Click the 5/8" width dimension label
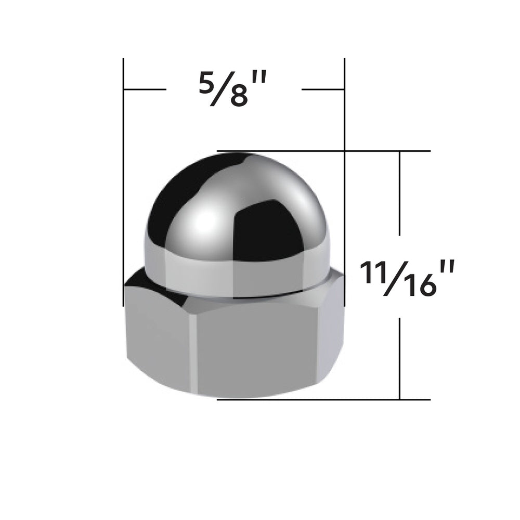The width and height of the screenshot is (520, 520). pyautogui.click(x=232, y=89)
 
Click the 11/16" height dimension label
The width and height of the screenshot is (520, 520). pyautogui.click(x=407, y=277)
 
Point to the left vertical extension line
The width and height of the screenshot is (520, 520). pyautogui.click(x=123, y=183)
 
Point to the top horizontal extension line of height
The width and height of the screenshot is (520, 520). pyautogui.click(x=323, y=151)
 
